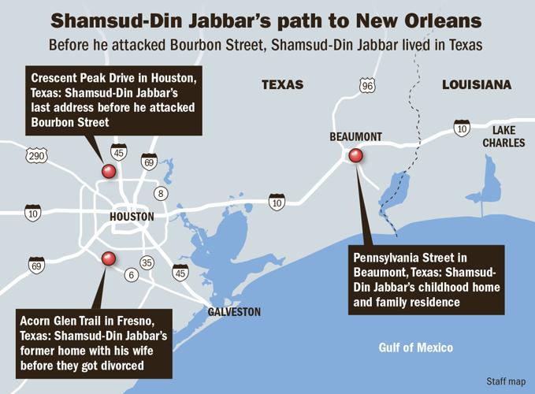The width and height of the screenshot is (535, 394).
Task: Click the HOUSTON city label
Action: point(132,217)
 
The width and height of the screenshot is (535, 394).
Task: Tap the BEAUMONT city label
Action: point(355,137)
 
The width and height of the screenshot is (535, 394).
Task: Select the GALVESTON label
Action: point(234,312)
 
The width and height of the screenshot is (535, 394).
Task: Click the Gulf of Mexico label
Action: point(415,348)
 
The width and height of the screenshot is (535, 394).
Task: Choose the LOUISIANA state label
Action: point(476,84)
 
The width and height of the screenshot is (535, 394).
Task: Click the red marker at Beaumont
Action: point(355,156)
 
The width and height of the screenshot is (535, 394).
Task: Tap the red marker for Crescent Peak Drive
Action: point(109,171)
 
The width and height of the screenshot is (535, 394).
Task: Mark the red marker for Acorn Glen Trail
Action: point(109,258)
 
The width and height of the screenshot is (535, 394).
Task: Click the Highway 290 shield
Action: point(36,156)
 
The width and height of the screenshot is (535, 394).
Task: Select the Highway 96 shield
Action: point(366,85)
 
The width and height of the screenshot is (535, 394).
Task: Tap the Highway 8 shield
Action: point(162,194)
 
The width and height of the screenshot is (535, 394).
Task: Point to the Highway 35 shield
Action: point(147,263)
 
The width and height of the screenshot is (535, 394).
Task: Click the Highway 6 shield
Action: point(132,275)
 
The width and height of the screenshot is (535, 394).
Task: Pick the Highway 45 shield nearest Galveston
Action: point(180,273)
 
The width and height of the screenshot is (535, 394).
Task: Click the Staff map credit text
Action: point(505,381)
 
